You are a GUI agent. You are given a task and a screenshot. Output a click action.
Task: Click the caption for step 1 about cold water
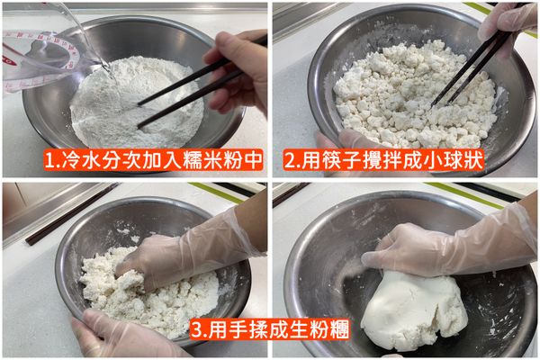(x=153, y=161)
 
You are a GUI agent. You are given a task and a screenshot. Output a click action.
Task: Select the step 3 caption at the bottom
(x=270, y=324)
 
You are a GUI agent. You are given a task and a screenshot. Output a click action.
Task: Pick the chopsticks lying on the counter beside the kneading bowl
(x=67, y=216)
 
